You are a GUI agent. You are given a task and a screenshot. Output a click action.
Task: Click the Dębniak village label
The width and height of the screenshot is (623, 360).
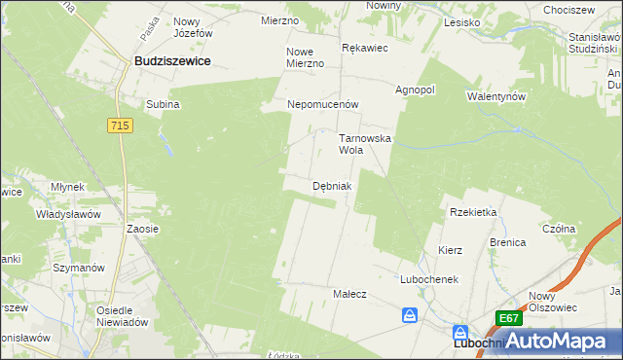[x=332, y=185]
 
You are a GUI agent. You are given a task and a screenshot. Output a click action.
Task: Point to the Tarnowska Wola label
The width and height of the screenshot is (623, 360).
[x=364, y=145]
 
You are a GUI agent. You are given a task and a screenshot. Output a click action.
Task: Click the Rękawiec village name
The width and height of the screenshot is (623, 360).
[x=365, y=46]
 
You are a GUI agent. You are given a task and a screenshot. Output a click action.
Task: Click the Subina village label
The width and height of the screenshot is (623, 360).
[x=163, y=104]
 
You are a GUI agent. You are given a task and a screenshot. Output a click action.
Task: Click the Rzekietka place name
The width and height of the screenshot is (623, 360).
[x=473, y=211]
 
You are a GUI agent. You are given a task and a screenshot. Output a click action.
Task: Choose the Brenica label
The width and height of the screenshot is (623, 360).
[x=508, y=241]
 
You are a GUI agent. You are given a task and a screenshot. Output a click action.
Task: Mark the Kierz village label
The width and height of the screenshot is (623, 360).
[x=450, y=250]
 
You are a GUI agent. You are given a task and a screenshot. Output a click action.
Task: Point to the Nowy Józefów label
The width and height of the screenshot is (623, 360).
[x=193, y=26]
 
